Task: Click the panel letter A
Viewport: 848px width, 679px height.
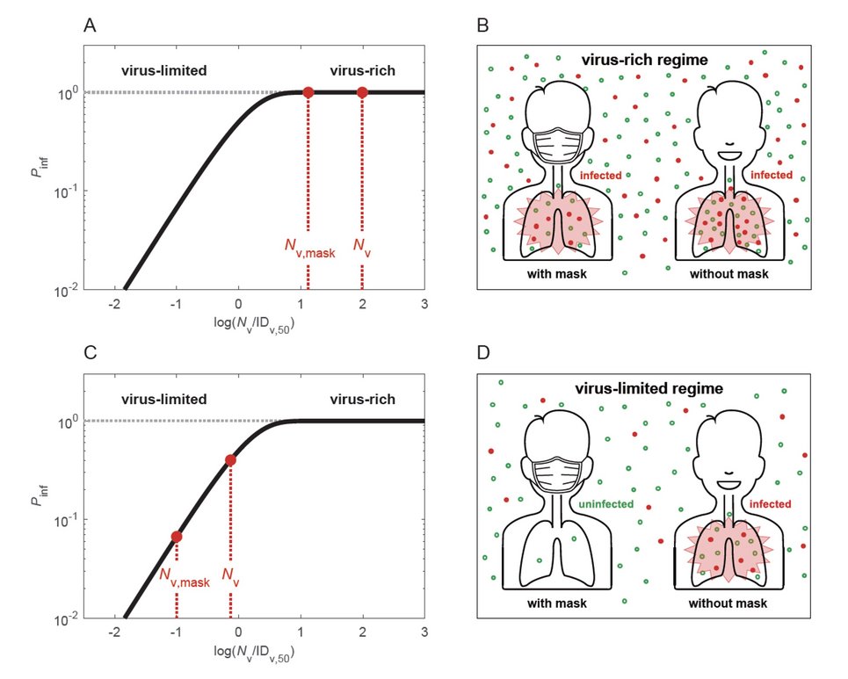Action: [90, 26]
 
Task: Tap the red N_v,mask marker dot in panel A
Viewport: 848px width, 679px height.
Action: [308, 92]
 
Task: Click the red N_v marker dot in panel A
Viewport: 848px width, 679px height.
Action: [362, 92]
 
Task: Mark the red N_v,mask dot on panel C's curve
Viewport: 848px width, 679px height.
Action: [177, 536]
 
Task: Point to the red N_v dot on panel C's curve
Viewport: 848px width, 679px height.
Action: [230, 459]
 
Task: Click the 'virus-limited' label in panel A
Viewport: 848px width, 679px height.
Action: [163, 70]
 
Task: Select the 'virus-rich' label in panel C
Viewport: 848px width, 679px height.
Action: [362, 399]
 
